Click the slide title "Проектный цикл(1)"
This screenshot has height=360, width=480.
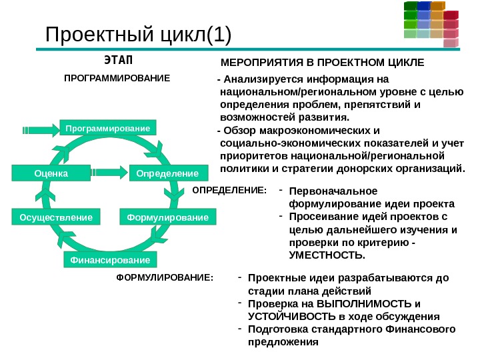[137, 35]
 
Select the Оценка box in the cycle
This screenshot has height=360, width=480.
[51, 173]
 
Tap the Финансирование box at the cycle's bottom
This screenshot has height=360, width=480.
[107, 259]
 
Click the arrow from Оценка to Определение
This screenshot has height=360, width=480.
[109, 173]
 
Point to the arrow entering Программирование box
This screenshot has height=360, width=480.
[41, 127]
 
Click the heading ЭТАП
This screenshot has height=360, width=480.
[119, 61]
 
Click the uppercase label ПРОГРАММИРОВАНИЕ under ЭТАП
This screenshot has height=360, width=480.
[117, 78]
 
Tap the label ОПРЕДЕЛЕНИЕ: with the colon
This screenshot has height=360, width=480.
[229, 190]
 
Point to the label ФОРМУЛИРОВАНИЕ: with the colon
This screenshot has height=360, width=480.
[165, 277]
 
